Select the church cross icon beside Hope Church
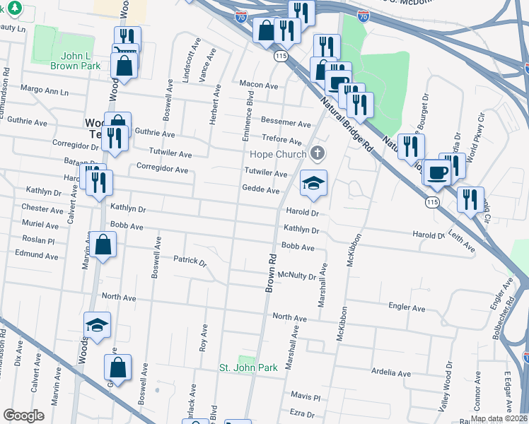318,153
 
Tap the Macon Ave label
258,85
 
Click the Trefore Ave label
282,140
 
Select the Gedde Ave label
260,190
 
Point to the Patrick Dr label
190,260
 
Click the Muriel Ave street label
40,225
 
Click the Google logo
23,416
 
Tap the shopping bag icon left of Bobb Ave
103,245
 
